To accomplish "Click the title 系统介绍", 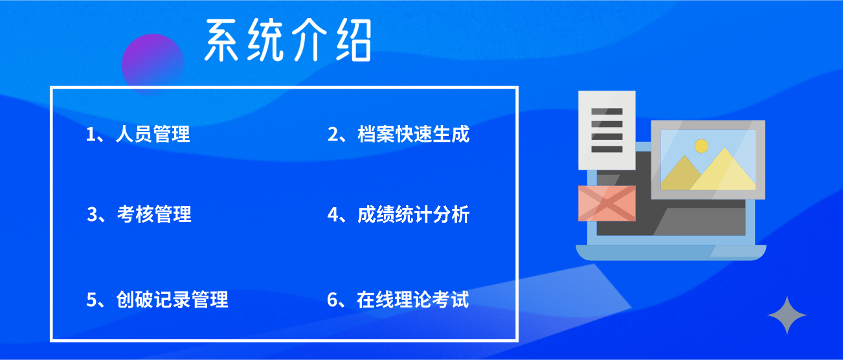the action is (x=288, y=39).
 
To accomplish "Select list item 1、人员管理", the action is (x=138, y=134).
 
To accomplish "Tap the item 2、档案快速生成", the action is (x=399, y=134).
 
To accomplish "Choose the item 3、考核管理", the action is (x=139, y=214).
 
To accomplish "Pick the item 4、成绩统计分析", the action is (x=399, y=214).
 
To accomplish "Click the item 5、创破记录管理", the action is (x=157, y=299).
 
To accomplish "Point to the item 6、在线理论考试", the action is (x=398, y=299).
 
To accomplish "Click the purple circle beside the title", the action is (x=153, y=64).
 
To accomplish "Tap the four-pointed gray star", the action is (x=787, y=315).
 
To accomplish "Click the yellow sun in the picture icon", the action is (x=701, y=146).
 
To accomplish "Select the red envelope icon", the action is (x=607, y=203).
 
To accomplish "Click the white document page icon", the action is (x=607, y=130).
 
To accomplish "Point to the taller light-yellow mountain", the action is (x=723, y=171).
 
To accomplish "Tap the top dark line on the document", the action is (x=607, y=111).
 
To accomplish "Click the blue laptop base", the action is (x=671, y=253).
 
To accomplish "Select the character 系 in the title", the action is (x=221, y=40).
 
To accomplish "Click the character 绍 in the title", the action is (x=354, y=39).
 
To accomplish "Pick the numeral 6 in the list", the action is (x=332, y=300).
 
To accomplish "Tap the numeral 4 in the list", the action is (x=333, y=215).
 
